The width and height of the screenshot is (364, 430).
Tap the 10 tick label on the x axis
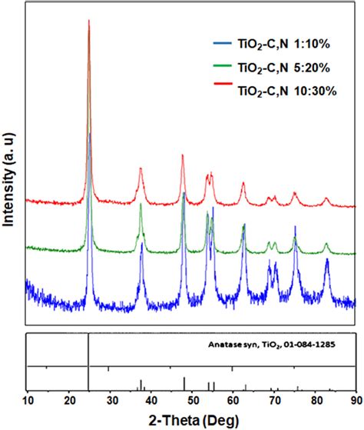pyautogui.click(x=28, y=401)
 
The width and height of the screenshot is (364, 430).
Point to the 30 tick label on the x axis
pyautogui.click(x=110, y=401)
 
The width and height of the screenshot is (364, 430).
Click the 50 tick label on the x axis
pyautogui.click(x=192, y=401)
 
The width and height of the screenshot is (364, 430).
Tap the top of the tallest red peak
pyautogui.click(x=89, y=21)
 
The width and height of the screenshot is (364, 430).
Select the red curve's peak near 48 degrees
pyautogui.click(x=183, y=155)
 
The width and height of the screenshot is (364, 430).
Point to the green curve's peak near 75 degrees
pyautogui.click(x=295, y=228)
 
